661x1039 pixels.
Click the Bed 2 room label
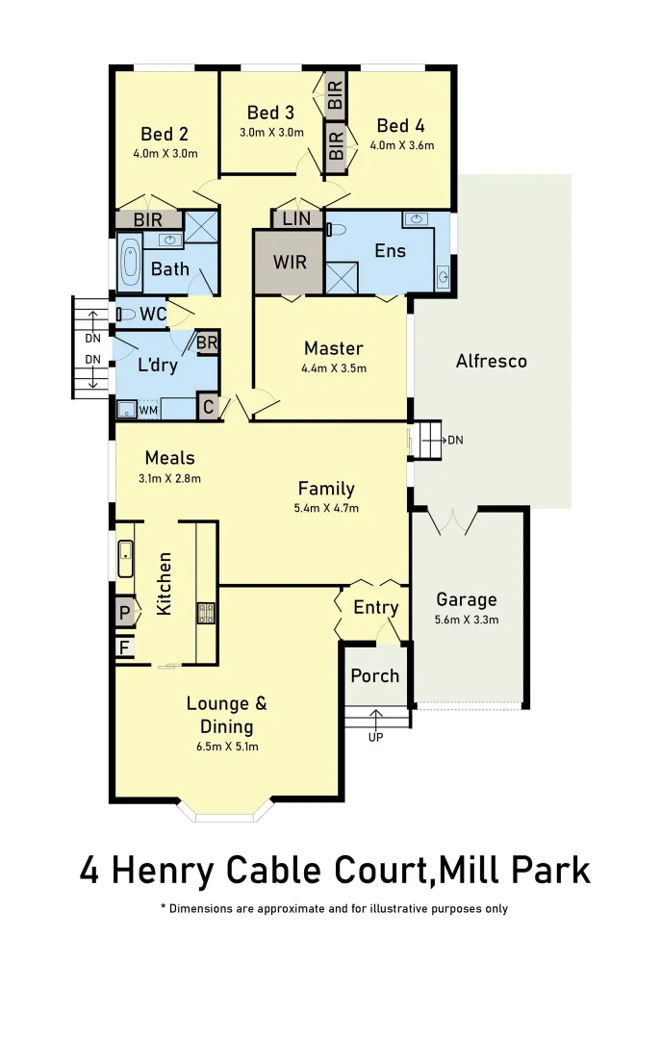pyautogui.click(x=164, y=134)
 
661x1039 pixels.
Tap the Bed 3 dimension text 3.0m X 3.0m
pyautogui.click(x=271, y=133)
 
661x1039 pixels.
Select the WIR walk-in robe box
pyautogui.click(x=289, y=263)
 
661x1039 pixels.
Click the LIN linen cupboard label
pyautogui.click(x=296, y=219)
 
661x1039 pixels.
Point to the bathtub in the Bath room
pyautogui.click(x=130, y=262)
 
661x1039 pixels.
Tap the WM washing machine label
pyautogui.click(x=148, y=411)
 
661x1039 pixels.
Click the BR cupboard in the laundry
pyautogui.click(x=207, y=342)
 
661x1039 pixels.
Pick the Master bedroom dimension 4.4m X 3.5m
pyautogui.click(x=333, y=367)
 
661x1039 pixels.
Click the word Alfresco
pyautogui.click(x=491, y=362)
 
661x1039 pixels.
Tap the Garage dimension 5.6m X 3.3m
pyautogui.click(x=467, y=620)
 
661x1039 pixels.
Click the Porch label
pyautogui.click(x=375, y=675)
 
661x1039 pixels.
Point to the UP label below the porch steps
pyautogui.click(x=375, y=738)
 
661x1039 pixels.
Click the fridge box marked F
pyautogui.click(x=123, y=647)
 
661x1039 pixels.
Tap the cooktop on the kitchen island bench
pyautogui.click(x=205, y=613)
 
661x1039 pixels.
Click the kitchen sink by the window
pyautogui.click(x=125, y=559)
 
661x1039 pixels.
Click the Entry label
pyautogui.click(x=375, y=607)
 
